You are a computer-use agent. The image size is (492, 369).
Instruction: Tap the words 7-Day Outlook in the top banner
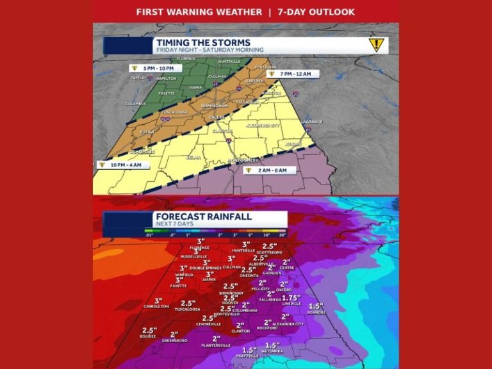point(316,12)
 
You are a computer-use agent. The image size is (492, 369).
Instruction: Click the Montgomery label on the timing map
point(246,159)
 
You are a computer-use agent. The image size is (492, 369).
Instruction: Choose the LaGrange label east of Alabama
point(313,121)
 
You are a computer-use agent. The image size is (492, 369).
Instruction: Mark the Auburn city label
point(293,144)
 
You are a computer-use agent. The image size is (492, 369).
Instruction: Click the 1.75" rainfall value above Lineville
point(291,298)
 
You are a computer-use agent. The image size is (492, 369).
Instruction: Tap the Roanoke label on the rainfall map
point(316,312)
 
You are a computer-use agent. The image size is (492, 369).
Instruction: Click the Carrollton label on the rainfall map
point(156,307)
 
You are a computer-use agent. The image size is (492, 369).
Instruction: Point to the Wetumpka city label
point(272,351)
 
